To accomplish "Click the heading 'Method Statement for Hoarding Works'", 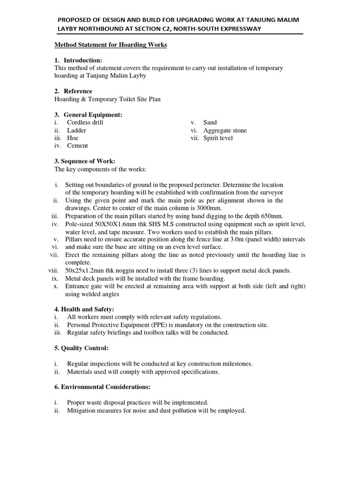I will click(111, 45).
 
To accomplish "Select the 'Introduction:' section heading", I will click(82, 60).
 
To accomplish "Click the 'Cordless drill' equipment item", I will click(85, 122).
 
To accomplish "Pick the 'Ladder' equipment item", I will click(76, 130).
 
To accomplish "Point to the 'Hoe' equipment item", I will click(73, 138).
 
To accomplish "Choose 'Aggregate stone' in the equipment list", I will click(225, 130).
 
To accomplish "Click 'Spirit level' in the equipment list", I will click(218, 138).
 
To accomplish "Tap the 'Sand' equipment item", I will click(210, 122).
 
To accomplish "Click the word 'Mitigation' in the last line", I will click(83, 410).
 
